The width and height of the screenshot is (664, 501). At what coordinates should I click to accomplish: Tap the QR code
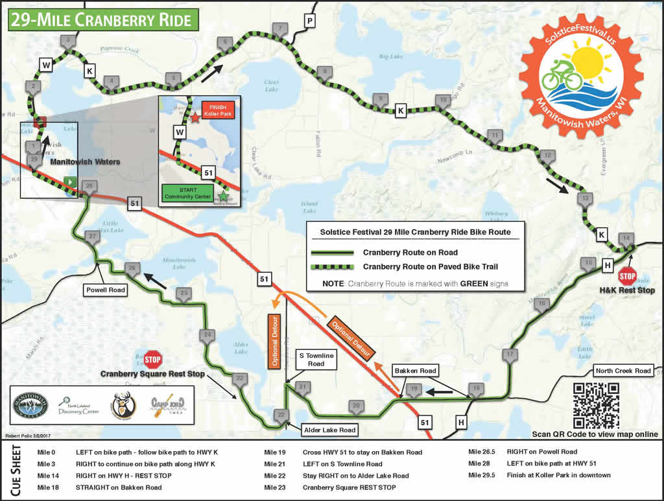(x=596, y=405)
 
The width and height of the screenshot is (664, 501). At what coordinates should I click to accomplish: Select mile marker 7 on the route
(x=279, y=29)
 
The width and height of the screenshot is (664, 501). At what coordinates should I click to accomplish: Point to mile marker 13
(x=585, y=198)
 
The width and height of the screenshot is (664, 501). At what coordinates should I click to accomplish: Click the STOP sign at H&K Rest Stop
(x=627, y=276)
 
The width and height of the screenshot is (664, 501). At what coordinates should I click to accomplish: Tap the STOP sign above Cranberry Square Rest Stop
(x=152, y=358)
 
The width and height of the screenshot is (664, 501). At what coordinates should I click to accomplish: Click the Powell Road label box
(x=104, y=290)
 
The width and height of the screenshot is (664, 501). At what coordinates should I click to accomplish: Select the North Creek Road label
(x=623, y=371)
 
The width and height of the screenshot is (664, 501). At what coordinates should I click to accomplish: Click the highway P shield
(x=310, y=22)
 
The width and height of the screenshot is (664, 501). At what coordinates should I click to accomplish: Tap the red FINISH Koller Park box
(x=219, y=110)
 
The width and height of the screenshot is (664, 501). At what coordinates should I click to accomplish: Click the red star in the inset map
(x=195, y=119)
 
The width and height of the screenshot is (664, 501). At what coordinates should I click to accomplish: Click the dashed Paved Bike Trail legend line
(x=333, y=266)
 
